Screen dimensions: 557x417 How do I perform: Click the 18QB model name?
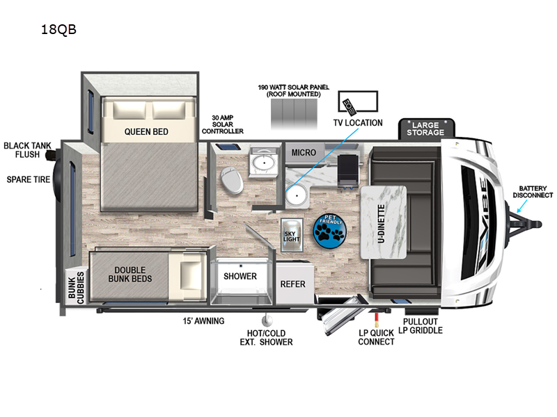click(58, 29)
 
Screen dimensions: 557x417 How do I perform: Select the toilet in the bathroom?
click(232, 180)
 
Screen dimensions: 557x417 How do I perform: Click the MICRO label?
click(304, 152)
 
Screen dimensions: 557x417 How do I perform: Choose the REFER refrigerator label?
click(292, 284)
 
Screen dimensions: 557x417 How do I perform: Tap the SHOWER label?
click(240, 276)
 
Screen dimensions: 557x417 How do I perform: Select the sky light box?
click(292, 235)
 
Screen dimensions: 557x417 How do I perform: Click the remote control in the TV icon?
click(349, 107)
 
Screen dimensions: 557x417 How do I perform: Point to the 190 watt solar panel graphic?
click(294, 114)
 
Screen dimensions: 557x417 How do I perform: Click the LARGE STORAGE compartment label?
click(425, 129)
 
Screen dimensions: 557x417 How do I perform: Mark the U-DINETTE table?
click(384, 222)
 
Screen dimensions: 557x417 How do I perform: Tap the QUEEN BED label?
click(146, 132)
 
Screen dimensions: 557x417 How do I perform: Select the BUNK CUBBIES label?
click(77, 288)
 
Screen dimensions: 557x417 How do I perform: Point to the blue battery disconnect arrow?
click(522, 206)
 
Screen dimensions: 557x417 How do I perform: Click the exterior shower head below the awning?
click(267, 320)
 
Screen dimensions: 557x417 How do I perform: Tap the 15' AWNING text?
click(203, 321)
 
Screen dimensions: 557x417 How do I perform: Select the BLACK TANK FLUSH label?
click(27, 150)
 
